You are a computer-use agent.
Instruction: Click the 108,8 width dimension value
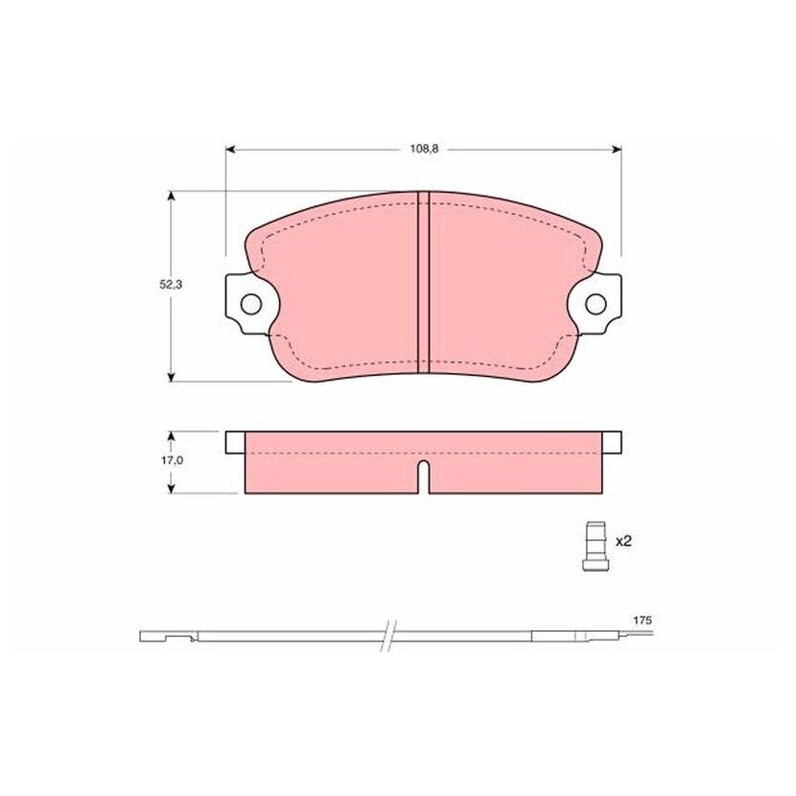click(424, 150)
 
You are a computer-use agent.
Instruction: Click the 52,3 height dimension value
click(171, 285)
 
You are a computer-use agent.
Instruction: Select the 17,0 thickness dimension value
click(172, 461)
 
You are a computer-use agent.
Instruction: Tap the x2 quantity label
click(623, 541)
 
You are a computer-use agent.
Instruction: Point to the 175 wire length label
click(643, 620)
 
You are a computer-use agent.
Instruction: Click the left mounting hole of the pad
click(250, 304)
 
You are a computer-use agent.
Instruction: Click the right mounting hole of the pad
click(596, 304)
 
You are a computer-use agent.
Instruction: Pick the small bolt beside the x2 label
click(596, 547)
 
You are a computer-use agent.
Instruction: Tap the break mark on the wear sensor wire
click(387, 636)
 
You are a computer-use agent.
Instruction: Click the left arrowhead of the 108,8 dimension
click(230, 150)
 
